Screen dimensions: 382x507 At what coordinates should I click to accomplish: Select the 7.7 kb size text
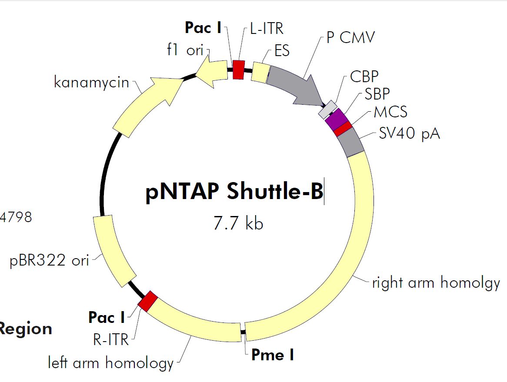pyautogui.click(x=238, y=224)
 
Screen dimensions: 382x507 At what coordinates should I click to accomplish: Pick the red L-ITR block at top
pyautogui.click(x=238, y=70)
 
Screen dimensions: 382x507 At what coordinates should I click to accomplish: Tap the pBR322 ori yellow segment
pyautogui.click(x=113, y=251)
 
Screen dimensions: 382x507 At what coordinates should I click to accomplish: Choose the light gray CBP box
pyautogui.click(x=328, y=110)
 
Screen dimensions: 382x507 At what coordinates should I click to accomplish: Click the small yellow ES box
pyautogui.click(x=260, y=73)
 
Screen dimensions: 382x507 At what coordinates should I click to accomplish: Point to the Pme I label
pyautogui.click(x=273, y=355)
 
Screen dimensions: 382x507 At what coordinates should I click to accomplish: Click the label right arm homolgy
pyautogui.click(x=436, y=283)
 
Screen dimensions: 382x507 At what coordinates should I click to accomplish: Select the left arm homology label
pyautogui.click(x=110, y=362)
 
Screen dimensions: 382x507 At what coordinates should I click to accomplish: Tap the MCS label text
pyautogui.click(x=390, y=112)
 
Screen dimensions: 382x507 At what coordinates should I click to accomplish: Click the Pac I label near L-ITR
pyautogui.click(x=203, y=28)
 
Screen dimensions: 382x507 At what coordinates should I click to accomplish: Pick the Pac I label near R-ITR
pyautogui.click(x=107, y=317)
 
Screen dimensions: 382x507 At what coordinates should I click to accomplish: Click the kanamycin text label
pyautogui.click(x=92, y=82)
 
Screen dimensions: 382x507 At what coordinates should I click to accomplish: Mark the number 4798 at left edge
pyautogui.click(x=16, y=217)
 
